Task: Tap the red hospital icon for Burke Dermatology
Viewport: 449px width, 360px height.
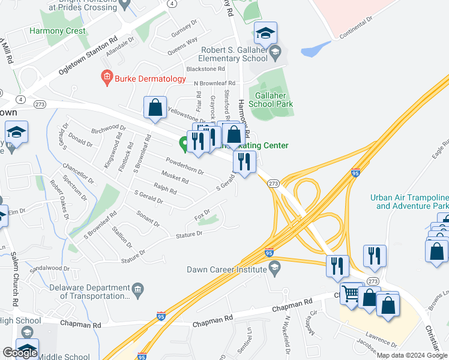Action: pos(106,78)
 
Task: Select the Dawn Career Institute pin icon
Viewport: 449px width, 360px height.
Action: pos(275,269)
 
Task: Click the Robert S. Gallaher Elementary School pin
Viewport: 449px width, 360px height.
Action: pos(275,52)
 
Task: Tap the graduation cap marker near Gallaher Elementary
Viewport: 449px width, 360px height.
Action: pos(265,34)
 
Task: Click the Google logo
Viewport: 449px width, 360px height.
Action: pos(20,353)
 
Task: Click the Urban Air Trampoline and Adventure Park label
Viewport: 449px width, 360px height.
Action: pos(409,202)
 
